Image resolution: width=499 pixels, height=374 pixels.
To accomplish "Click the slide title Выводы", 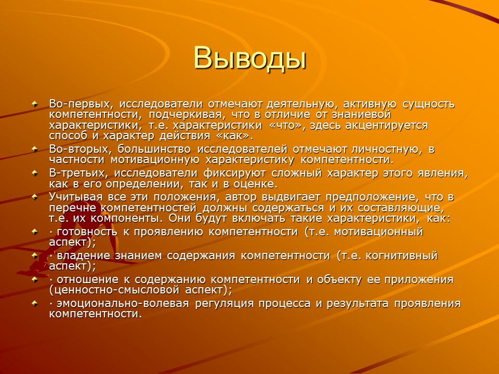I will (249, 57).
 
